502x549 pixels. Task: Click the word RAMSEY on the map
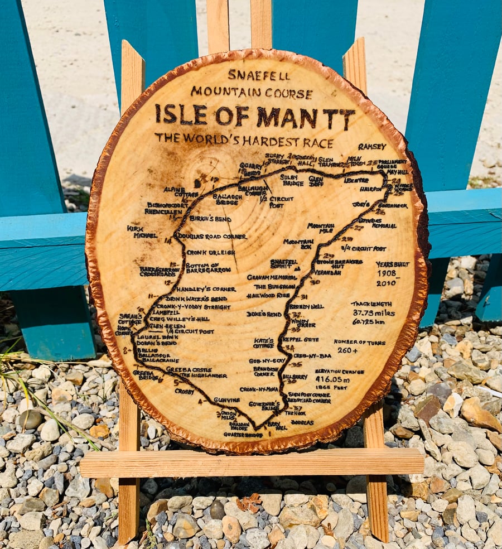(x=372, y=147)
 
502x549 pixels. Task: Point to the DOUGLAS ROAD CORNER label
(x=212, y=237)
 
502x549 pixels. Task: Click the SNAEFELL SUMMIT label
(x=284, y=263)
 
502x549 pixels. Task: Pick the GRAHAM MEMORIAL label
(x=272, y=277)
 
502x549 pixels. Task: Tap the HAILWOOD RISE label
(x=268, y=296)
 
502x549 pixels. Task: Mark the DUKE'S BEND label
(x=264, y=314)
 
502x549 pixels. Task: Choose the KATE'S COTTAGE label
(x=263, y=343)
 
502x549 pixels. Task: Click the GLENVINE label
(x=226, y=400)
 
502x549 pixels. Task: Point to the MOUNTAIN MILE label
(x=321, y=228)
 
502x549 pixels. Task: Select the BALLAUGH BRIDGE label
(x=227, y=199)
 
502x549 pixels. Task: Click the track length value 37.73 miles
(x=373, y=313)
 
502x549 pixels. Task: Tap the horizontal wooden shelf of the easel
(x=251, y=463)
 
